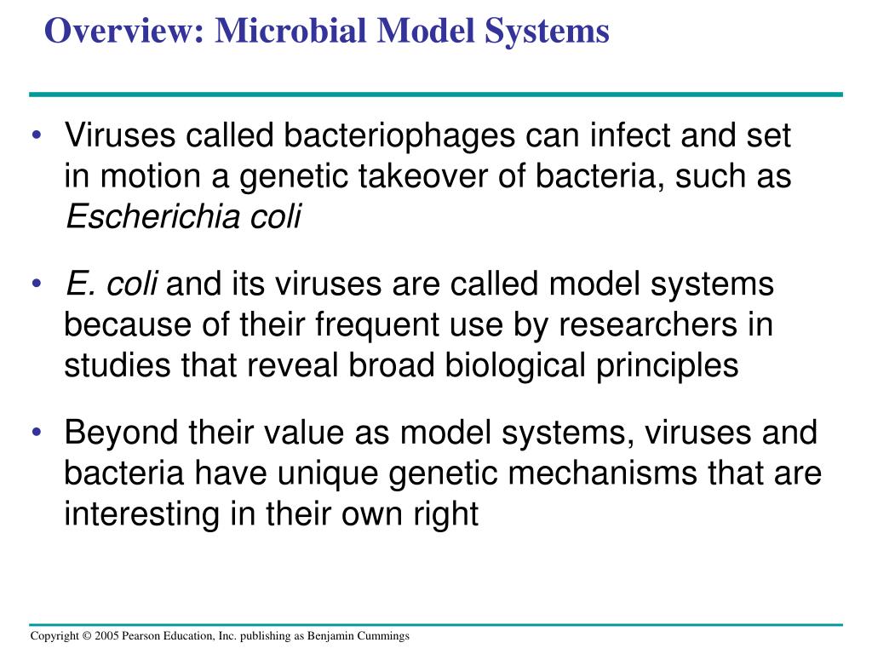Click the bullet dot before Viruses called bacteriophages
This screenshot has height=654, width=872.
pyautogui.click(x=38, y=136)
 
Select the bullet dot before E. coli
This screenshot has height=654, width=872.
pyautogui.click(x=38, y=284)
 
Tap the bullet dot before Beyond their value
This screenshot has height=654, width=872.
pyautogui.click(x=38, y=433)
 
